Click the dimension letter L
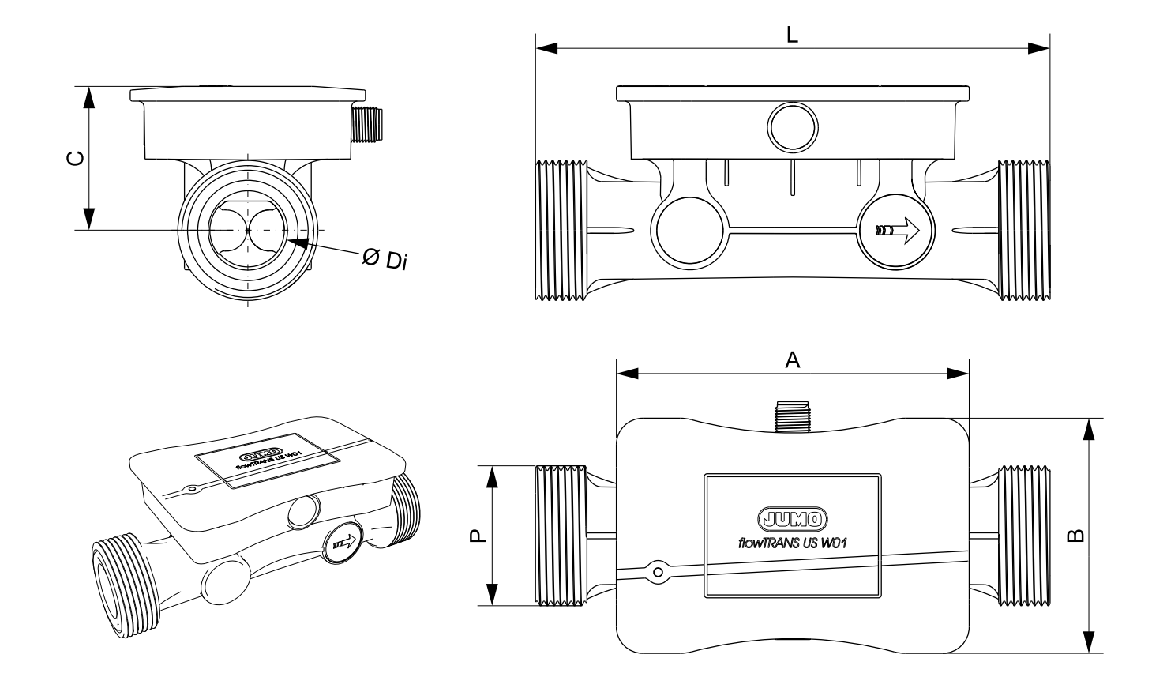[x=793, y=35]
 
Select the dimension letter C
[x=74, y=159]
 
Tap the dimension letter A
[x=793, y=360]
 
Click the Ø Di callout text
[x=384, y=258]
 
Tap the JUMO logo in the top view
[x=792, y=519]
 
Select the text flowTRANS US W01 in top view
[x=792, y=542]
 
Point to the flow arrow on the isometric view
[x=343, y=543]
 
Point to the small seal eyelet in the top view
[x=655, y=570]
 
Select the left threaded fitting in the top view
[x=561, y=536]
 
